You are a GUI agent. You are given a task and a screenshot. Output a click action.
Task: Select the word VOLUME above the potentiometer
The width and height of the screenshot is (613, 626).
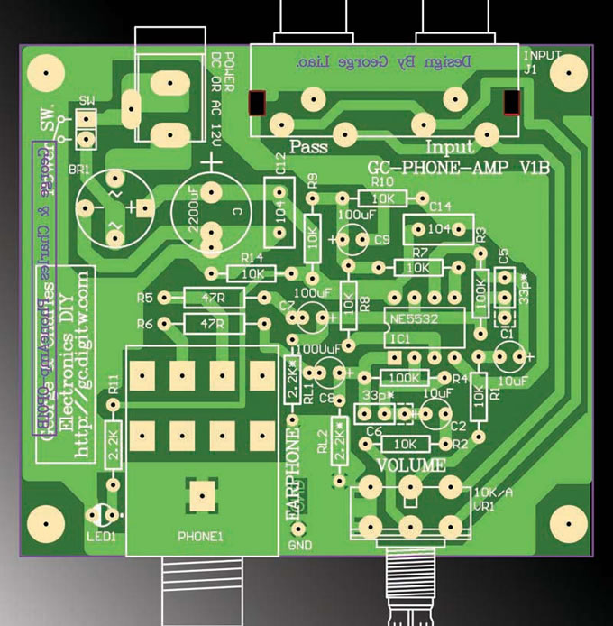pos(410,465)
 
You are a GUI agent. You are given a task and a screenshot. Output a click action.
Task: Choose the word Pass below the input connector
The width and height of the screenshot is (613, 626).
pos(308,147)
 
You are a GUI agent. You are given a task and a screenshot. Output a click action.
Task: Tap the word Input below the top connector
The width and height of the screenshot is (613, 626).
pos(449,147)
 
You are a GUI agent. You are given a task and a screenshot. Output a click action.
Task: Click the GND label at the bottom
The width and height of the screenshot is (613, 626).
pos(298,547)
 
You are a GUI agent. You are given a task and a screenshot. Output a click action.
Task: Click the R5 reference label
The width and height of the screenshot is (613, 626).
pos(145,298)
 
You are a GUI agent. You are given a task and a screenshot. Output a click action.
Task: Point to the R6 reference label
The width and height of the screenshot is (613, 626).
pos(145,324)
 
